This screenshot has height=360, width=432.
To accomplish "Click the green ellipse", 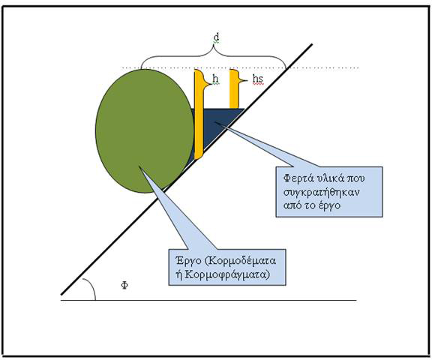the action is tap(145, 130).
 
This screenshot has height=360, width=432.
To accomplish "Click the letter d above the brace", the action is tap(217, 37).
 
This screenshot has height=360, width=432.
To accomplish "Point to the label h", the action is tap(215, 79).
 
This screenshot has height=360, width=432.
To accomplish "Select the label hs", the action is tap(258, 79).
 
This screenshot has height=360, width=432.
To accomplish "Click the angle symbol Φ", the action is tap(124, 285).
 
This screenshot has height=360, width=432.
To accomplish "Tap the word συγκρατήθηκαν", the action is tap(322, 192).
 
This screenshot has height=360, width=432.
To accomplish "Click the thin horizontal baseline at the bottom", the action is tap(208, 300).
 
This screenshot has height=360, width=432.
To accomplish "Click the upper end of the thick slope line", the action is tap(312, 44).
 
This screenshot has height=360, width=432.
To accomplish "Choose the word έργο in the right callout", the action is tap(329, 205).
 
